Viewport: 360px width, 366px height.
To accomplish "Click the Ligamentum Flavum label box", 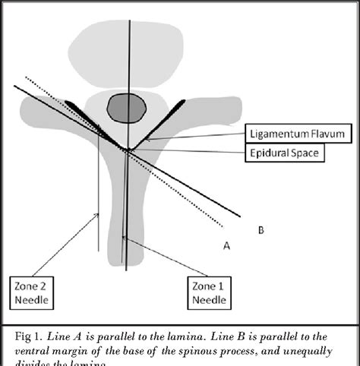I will point(299,134).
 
